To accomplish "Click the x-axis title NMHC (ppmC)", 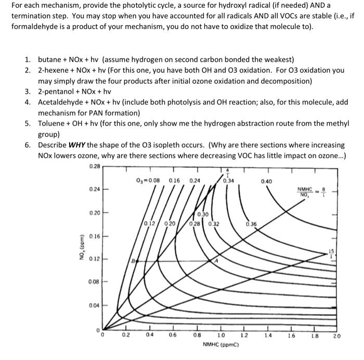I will point(220,345).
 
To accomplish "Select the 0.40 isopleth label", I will point(266,182).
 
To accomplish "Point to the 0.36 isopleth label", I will point(251,224).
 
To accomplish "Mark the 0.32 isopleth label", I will point(213,224).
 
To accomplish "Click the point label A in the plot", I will point(217,262).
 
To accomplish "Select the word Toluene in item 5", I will point(51,124).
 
